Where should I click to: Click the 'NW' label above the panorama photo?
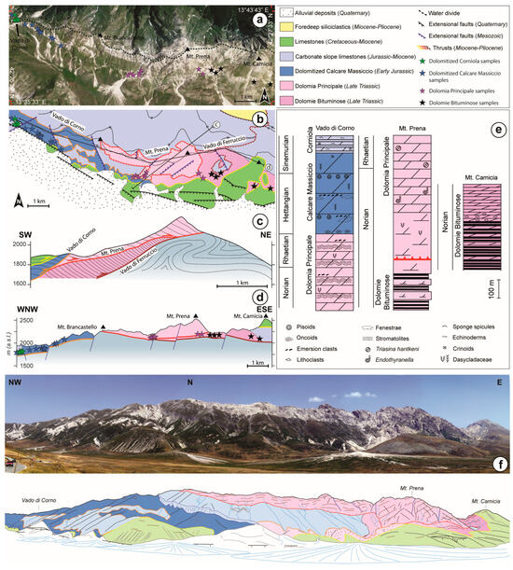pyautogui.click(x=14, y=382)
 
